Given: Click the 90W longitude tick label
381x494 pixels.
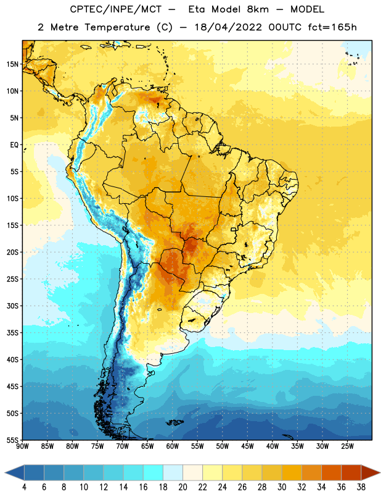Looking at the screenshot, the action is click(x=22, y=446).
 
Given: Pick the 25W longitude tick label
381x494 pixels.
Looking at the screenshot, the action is click(x=347, y=446).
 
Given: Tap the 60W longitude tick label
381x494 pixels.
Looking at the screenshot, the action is click(x=173, y=446).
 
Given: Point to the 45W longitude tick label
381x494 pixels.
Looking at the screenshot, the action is click(x=247, y=446).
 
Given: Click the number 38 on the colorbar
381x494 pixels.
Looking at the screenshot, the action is click(x=361, y=487).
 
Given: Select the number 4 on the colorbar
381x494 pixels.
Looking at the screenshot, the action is click(x=24, y=487).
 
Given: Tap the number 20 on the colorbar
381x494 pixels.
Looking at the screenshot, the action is click(x=182, y=487).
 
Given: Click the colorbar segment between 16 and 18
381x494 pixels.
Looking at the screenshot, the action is click(x=154, y=473).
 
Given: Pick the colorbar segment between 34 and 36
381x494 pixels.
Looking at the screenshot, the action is click(x=331, y=473).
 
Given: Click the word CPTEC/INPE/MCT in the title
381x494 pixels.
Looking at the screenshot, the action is click(x=116, y=9).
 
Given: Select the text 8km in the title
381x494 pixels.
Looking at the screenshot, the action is click(x=258, y=9).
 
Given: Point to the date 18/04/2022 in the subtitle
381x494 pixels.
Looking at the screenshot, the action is click(x=228, y=27).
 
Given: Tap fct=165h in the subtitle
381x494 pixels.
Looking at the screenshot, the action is click(x=332, y=27).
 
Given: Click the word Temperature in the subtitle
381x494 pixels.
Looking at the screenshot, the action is click(x=117, y=27).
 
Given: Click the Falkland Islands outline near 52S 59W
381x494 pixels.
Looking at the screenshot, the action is click(x=174, y=422).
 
